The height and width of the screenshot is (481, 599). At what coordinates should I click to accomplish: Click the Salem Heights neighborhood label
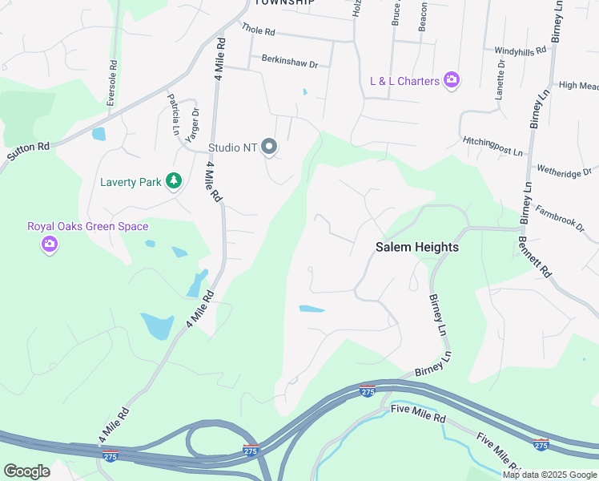coord(417,248)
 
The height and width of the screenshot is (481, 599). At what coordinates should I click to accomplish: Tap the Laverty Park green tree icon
coord(173,181)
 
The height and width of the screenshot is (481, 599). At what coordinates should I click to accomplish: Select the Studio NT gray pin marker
coord(270,148)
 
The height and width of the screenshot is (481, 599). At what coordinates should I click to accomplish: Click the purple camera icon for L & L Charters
coord(452,80)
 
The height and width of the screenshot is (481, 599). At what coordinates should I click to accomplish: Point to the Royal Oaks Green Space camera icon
coord(50,244)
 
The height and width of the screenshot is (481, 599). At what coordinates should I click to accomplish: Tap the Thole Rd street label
coord(258,31)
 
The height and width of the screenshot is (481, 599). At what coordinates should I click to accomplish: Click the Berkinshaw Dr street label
coord(290,60)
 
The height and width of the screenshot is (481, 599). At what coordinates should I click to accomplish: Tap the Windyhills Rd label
coord(520,50)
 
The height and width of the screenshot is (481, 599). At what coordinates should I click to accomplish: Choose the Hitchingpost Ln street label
coord(492,146)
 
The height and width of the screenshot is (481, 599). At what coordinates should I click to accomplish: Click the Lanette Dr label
coord(500,78)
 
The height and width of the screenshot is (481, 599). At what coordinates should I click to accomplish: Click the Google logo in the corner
coord(26,471)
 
